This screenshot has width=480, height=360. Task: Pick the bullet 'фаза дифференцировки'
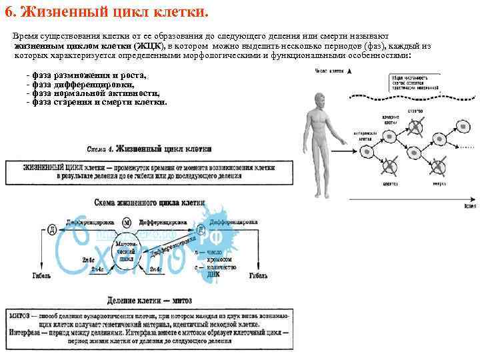(83, 85)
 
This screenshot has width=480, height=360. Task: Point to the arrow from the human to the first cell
(353, 141)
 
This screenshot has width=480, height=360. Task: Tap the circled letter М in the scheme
(127, 223)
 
